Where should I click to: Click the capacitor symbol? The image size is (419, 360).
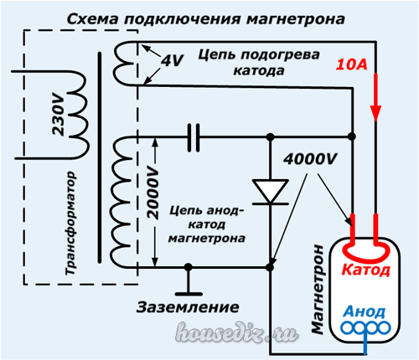click(194, 137)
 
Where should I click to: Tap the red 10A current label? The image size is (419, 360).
click(351, 64)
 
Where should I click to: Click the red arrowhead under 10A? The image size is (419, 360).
click(375, 113)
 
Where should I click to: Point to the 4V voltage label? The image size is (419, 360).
click(173, 60)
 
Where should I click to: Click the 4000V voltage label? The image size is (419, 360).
click(310, 159)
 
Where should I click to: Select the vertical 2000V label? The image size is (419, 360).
click(153, 193)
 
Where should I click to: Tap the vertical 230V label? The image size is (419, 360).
click(59, 115)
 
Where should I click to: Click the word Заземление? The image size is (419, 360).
click(188, 307)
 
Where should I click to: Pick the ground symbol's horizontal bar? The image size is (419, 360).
click(189, 294)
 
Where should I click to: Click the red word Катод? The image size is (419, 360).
click(365, 270)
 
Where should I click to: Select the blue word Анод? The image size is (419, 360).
click(365, 311)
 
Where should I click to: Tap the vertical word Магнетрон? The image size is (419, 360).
click(318, 290)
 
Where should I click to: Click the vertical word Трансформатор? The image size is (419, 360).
click(70, 224)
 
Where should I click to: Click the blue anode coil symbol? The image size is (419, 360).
click(366, 328)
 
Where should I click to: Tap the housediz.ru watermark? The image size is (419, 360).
click(237, 332)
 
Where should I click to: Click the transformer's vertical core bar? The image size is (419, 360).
click(100, 157)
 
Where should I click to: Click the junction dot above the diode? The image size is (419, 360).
click(270, 137)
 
